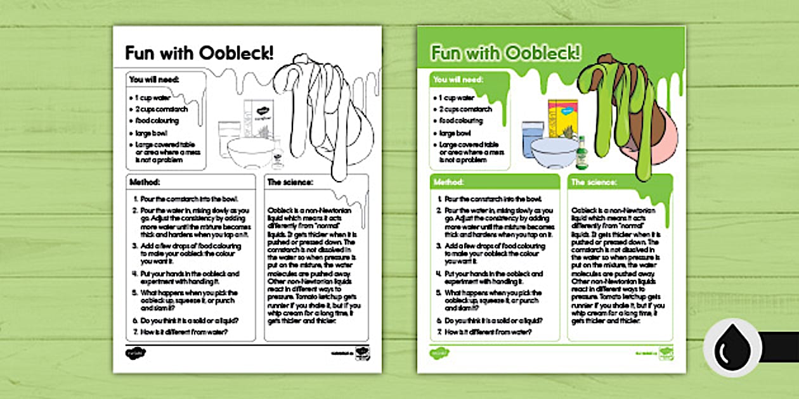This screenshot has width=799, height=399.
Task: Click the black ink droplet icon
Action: click(732, 348)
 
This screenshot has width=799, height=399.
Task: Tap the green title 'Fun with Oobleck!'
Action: click(505, 53)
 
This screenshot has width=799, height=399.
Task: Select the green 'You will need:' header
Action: click(458, 80)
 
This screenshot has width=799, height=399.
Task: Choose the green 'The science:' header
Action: click(594, 182)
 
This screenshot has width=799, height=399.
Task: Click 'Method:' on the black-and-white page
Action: click(145, 182)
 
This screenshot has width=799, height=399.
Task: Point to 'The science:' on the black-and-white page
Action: click(291, 182)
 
